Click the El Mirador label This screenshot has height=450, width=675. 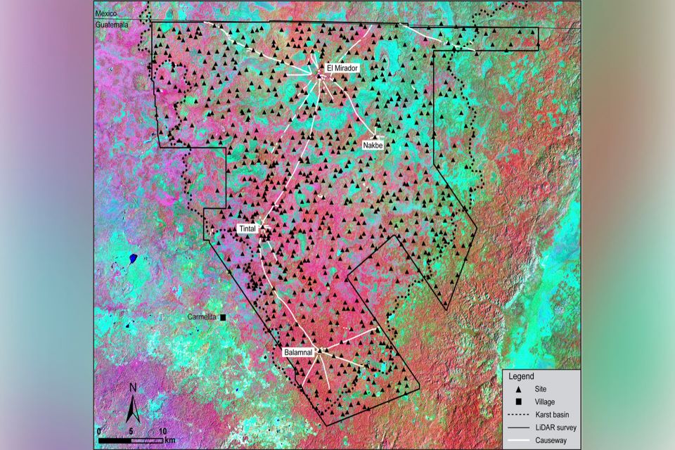coord(342,68)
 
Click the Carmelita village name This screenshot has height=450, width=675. coord(203,317)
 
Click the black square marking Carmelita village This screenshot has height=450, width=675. coord(223,318)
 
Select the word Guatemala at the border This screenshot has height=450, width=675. coord(112,25)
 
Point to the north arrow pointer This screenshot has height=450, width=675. coord(133,409)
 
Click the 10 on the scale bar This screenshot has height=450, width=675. coord(162,431)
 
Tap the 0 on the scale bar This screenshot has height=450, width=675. coord(99,431)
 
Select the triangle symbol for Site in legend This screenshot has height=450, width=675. coord(519,389)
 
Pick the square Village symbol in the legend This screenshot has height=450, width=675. coord(519,401)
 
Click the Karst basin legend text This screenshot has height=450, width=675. coord(550,414)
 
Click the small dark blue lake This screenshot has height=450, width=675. coord(132,258)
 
